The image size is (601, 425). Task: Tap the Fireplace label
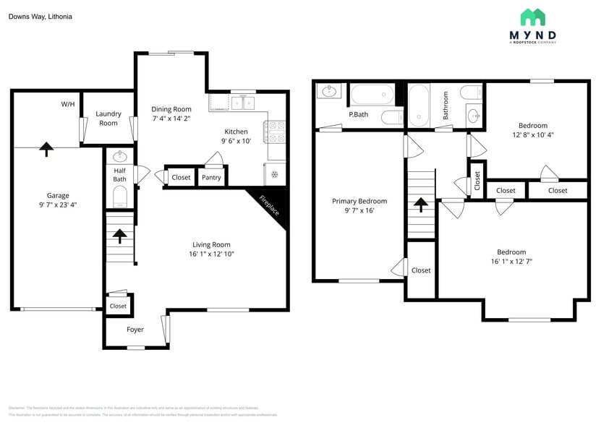(269, 206)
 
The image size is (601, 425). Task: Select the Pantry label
(211, 177)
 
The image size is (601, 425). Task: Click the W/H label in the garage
(68, 104)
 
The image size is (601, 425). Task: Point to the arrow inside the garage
(46, 149)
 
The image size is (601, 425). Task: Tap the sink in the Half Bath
(121, 156)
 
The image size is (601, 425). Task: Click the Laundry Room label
(108, 119)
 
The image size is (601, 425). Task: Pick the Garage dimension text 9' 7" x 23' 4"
(58, 205)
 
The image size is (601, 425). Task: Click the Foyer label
(135, 330)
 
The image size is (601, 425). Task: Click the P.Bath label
(359, 114)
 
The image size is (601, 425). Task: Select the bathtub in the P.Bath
(373, 95)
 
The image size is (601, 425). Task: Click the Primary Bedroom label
(359, 201)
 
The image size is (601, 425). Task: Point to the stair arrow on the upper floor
(419, 205)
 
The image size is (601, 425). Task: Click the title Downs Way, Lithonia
(40, 16)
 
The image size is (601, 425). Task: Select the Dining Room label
(171, 109)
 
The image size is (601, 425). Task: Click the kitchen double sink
(242, 103)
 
